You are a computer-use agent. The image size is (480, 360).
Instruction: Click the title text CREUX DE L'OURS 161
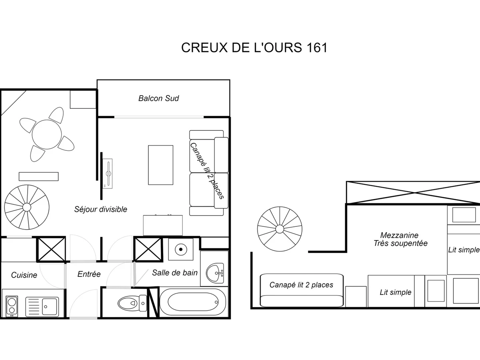click(254, 47)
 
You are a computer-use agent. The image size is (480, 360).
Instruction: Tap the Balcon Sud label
click(158, 98)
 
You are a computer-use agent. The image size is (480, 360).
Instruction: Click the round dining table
click(47, 134)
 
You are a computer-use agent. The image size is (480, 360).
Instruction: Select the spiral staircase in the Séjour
click(26, 207)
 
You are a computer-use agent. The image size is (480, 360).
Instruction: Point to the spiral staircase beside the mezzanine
click(279, 228)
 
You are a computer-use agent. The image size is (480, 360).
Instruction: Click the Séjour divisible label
click(101, 209)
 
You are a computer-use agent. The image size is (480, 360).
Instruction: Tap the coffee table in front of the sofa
click(160, 165)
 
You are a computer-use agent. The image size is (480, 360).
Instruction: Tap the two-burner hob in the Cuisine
click(12, 306)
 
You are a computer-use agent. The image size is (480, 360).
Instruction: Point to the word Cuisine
click(24, 275)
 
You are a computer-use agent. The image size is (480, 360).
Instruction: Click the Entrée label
click(89, 274)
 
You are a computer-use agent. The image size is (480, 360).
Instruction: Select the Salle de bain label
click(175, 273)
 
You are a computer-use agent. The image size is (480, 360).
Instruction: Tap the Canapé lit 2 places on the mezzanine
click(301, 285)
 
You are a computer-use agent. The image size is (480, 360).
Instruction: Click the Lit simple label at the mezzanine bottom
click(395, 292)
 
